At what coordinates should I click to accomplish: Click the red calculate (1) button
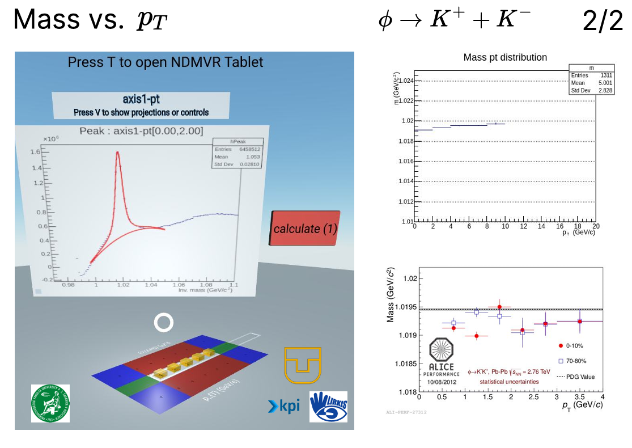point(306,229)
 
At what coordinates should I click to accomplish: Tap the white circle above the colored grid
point(164,323)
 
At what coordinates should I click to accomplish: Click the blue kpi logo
point(283,406)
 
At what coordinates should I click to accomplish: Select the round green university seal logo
point(50,403)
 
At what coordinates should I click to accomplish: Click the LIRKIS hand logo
point(328,407)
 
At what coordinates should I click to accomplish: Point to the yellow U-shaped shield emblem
point(302,365)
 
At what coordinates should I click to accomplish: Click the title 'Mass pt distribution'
point(505,57)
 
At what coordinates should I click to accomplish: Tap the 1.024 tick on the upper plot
point(406,81)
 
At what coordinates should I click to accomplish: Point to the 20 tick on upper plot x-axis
point(596,226)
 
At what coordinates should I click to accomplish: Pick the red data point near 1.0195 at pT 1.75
point(499,307)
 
